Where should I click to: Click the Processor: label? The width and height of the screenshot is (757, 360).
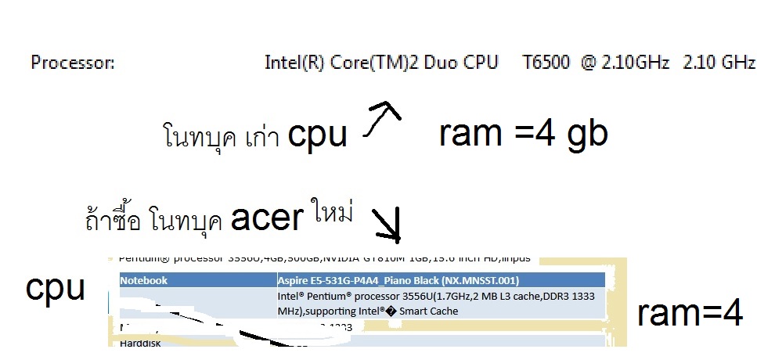[x=73, y=63]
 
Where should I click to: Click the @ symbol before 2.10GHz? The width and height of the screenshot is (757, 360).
[x=589, y=63]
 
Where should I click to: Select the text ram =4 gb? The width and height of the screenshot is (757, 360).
[x=524, y=135]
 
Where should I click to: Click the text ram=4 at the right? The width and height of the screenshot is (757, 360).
[x=689, y=314]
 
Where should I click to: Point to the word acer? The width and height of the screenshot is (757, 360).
[x=266, y=219]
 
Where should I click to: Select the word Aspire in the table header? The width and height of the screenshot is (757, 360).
[x=296, y=280]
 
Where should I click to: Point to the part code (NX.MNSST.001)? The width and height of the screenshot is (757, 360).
[x=477, y=280]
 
